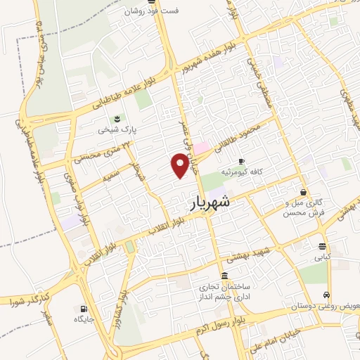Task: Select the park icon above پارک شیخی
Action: point(117,118)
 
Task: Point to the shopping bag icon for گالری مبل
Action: point(303,191)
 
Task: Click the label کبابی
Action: point(322,257)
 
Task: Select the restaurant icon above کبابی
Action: point(322,246)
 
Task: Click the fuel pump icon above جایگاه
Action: point(84,308)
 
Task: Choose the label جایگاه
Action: point(84,319)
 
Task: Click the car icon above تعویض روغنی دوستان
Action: point(326,295)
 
